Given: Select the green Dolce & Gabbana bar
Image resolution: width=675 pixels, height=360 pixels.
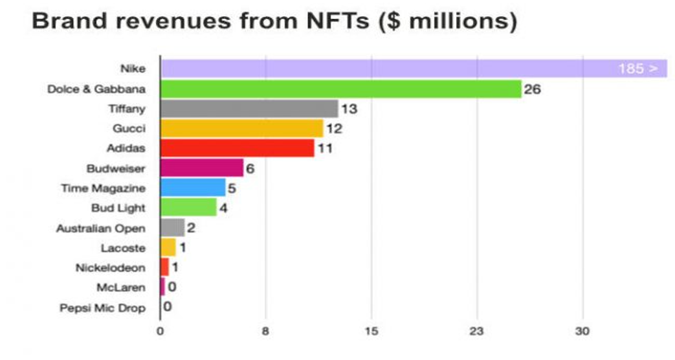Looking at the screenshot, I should [x=340, y=89].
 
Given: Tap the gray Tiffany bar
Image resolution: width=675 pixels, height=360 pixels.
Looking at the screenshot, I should [x=249, y=109].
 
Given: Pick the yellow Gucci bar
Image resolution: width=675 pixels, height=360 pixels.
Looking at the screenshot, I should [x=241, y=128].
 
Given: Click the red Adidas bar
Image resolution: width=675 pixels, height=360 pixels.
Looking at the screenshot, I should [x=237, y=148].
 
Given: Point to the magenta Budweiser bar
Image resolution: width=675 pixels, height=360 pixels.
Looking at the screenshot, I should [x=202, y=168].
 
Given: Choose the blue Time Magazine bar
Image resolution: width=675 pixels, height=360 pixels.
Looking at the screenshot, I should [x=193, y=188].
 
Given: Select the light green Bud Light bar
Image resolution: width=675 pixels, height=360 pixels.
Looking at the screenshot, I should [x=188, y=208].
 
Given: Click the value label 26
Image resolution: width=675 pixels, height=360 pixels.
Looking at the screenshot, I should [x=532, y=89].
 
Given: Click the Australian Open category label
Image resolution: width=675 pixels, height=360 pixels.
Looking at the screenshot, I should [x=100, y=229].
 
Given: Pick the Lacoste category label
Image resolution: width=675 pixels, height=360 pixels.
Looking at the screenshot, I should [x=123, y=248].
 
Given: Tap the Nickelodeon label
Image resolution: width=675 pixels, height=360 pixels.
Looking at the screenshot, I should [x=109, y=267].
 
